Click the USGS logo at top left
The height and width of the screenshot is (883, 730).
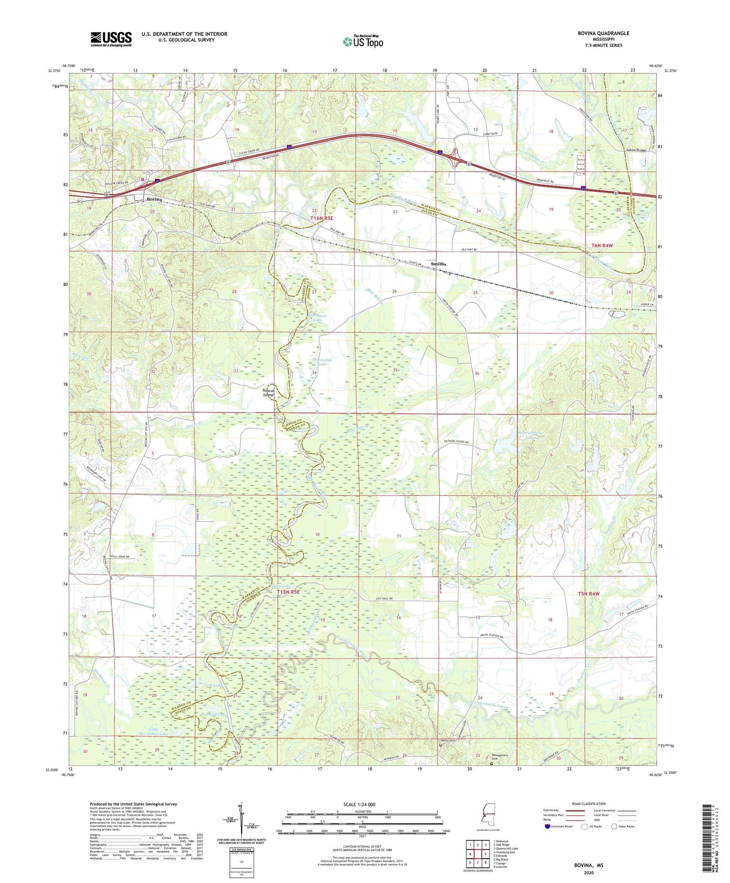coord(111,39)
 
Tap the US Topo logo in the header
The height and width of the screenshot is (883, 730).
coord(363,41)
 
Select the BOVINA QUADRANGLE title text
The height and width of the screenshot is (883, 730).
coord(603,33)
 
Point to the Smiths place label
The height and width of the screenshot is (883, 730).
coord(438,264)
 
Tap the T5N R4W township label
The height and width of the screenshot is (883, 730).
coord(588,594)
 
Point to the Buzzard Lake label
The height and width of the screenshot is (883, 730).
coord(214,714)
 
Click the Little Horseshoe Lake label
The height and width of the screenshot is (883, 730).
coord(153,731)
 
